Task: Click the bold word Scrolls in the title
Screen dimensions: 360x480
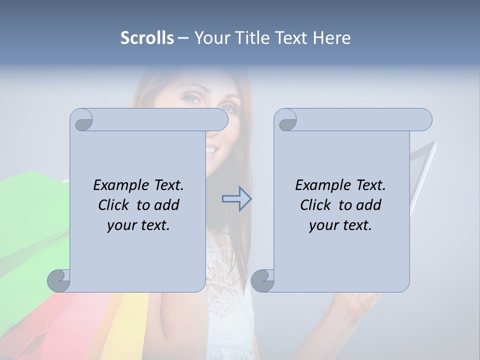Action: point(147,38)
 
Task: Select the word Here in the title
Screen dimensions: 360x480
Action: point(331,38)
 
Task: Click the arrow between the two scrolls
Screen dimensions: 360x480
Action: point(236,198)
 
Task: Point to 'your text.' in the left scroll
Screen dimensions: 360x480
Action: point(138,225)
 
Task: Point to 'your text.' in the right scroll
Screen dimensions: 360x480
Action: point(340,225)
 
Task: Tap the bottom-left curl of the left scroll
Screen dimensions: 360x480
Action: point(59,280)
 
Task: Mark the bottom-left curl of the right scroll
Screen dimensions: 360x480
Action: point(262,280)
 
